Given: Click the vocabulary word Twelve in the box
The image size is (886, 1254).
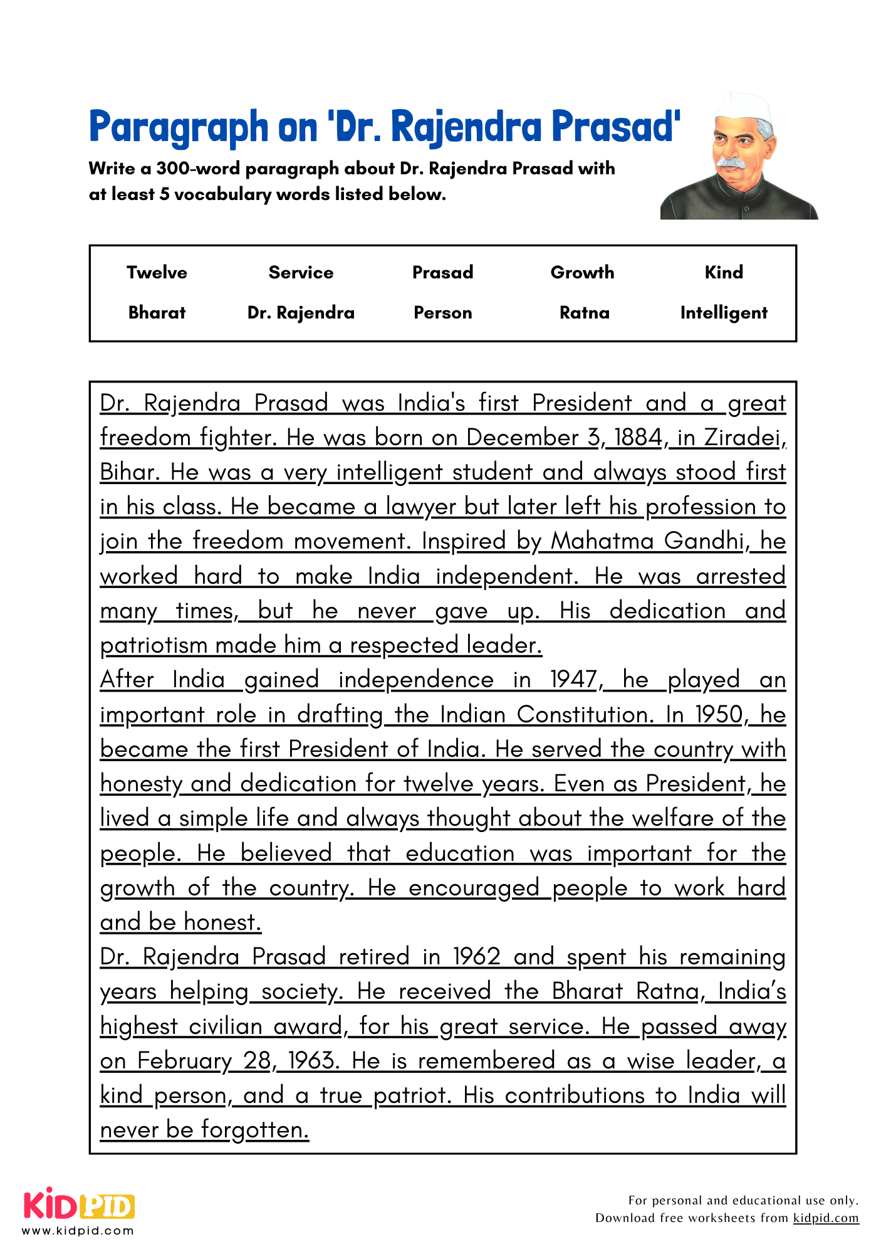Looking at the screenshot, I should point(157,272).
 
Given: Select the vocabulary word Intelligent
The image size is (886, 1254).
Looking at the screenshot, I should point(724,312).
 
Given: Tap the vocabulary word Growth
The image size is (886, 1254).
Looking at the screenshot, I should point(582,272).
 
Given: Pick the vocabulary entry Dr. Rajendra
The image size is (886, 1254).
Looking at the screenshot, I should point(301,312).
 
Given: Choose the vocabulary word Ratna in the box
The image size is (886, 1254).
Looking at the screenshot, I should point(584,312).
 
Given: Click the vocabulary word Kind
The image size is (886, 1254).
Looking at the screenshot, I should point(724,272).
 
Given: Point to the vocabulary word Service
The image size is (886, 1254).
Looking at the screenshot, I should point(301,272).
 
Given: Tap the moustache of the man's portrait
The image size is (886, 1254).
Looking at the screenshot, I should point(731,162).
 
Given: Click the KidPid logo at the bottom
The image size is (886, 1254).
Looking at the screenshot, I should point(79,1205).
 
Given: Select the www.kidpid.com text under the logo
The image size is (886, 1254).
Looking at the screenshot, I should point(78,1231).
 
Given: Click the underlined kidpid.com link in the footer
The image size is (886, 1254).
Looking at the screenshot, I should point(825,1218).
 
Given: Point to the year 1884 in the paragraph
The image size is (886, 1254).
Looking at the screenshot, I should point(638,438).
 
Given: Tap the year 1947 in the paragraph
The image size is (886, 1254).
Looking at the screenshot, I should point(573,680).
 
